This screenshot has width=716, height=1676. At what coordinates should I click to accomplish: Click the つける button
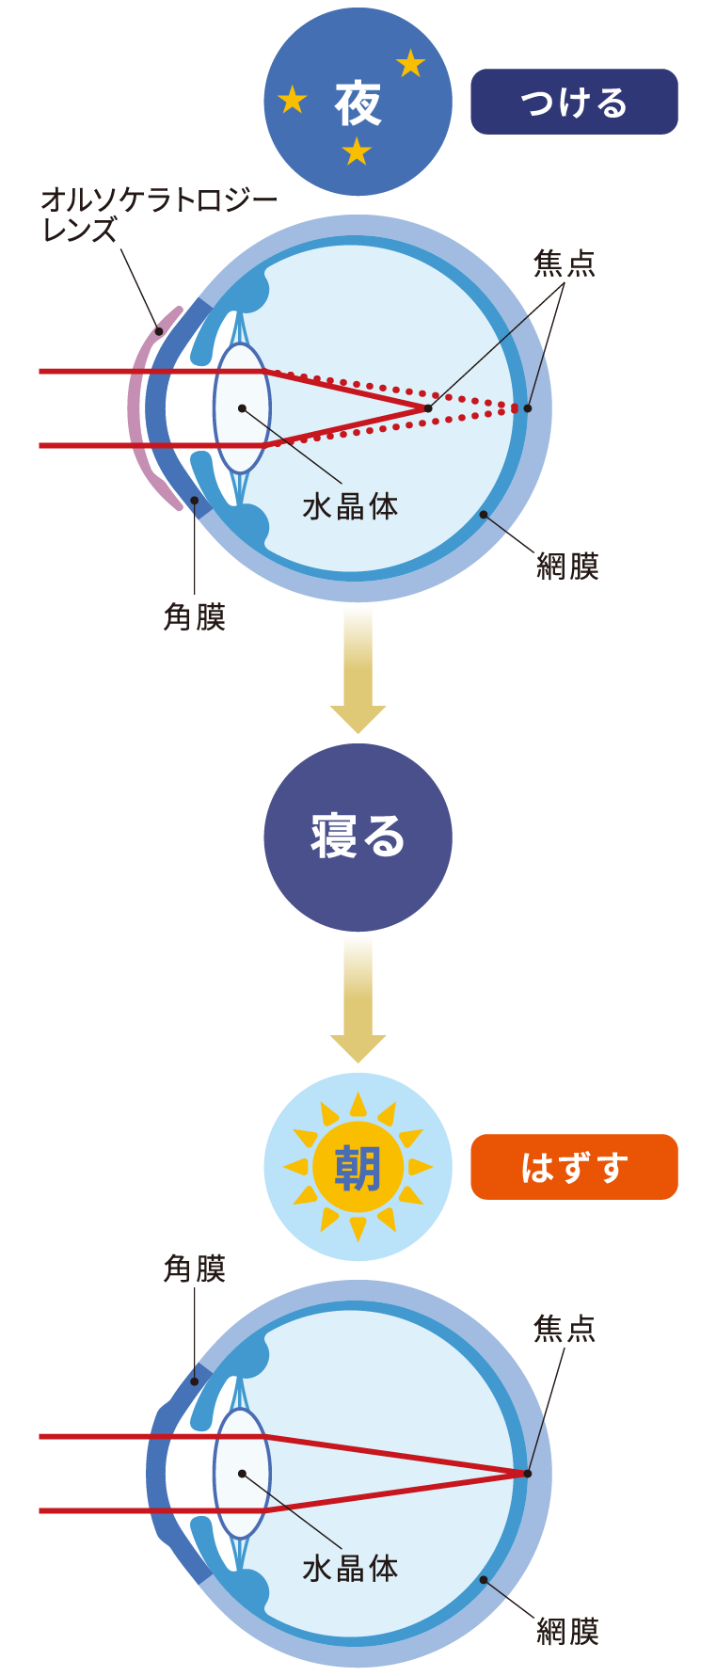tap(574, 102)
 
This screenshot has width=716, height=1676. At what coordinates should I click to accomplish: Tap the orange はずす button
tap(574, 1167)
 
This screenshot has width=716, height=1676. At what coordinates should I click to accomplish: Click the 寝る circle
tap(358, 838)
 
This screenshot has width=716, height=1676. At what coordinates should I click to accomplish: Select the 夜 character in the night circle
tap(358, 104)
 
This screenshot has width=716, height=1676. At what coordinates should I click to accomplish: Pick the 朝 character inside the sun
tap(358, 1168)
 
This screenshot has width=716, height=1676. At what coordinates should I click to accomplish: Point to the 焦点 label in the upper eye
tap(565, 263)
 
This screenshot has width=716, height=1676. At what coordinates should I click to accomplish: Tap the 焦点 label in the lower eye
tap(565, 1329)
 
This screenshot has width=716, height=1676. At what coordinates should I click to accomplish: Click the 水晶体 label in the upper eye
tap(350, 506)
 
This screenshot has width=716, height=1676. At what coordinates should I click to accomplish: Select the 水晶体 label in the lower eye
tap(350, 1569)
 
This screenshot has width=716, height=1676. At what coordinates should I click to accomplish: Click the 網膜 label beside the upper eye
tap(567, 566)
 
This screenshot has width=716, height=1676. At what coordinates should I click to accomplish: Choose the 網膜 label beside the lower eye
tap(567, 1631)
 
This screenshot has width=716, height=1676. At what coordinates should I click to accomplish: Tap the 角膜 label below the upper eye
tap(195, 617)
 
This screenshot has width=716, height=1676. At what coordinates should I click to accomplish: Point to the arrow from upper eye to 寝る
tap(358, 668)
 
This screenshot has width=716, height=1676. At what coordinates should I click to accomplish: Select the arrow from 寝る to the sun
tap(358, 998)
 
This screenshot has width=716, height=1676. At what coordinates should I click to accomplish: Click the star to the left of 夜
tap(293, 99)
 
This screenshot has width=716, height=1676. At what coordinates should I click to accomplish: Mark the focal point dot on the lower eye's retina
tap(528, 1474)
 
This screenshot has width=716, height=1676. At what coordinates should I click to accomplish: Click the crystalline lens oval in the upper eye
tap(242, 408)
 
